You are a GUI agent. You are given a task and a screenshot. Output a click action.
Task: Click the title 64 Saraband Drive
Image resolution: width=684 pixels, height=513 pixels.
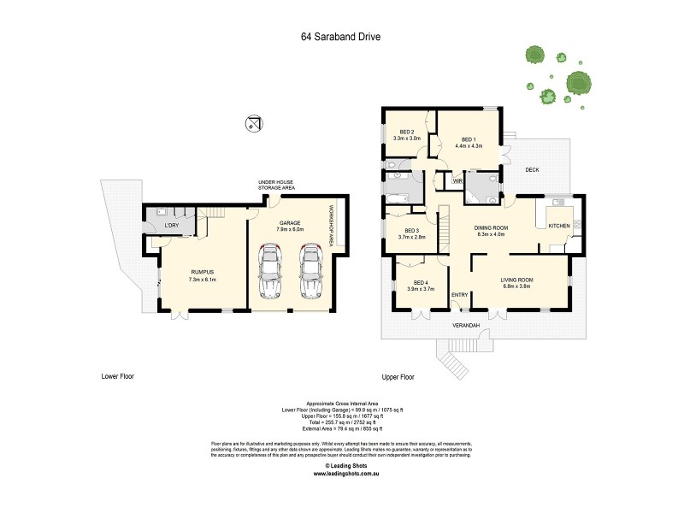(341, 37)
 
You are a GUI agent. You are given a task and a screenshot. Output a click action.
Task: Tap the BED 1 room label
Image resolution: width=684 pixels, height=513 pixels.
(468, 139)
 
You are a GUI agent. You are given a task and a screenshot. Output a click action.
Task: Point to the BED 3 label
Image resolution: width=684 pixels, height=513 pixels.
(412, 230)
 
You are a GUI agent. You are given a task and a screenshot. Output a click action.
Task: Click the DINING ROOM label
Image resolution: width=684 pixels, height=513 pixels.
(492, 227)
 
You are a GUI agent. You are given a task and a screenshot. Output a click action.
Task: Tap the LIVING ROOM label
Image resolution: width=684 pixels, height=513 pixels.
(516, 280)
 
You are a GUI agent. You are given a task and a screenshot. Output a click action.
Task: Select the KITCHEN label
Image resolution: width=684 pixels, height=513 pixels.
(558, 225)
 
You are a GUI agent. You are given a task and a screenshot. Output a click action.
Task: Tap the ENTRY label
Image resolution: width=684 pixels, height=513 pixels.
(459, 295)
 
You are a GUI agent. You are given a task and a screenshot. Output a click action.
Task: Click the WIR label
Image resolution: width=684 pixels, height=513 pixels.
(457, 181)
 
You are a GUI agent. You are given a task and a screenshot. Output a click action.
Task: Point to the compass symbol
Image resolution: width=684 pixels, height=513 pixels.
(252, 122)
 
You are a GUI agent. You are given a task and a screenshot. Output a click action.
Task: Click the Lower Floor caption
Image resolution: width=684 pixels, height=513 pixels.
(117, 376)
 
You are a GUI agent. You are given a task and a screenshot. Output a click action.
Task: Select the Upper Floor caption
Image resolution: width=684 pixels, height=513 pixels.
(398, 376)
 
